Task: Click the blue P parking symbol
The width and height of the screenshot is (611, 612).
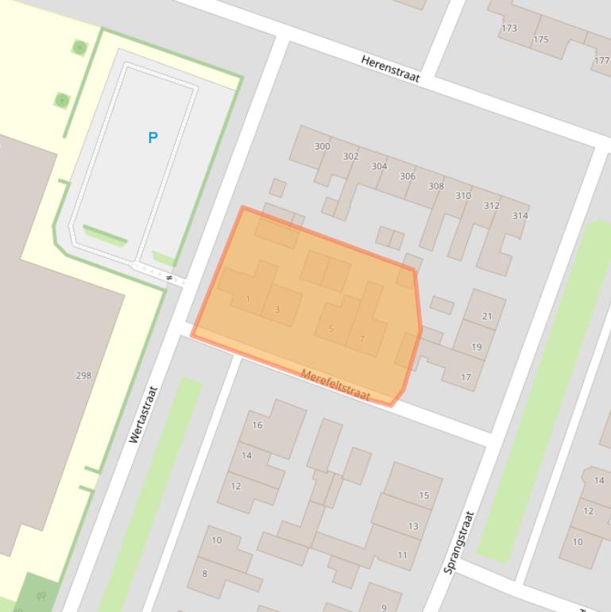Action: [153, 138]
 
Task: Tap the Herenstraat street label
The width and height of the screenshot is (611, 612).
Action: [389, 69]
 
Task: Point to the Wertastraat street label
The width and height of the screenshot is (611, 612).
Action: [143, 414]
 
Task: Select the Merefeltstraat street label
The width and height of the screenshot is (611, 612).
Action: [335, 385]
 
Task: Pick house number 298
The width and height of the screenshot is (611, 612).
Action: [83, 375]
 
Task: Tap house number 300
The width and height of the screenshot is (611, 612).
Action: [322, 146]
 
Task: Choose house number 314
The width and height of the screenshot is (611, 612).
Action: [520, 215]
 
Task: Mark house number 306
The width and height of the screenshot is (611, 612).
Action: [407, 176]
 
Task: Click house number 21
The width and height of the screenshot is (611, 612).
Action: [487, 316]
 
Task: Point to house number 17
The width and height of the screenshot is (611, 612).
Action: [466, 377]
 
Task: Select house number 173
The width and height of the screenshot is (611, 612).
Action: [509, 28]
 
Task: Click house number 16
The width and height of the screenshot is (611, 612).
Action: [257, 425]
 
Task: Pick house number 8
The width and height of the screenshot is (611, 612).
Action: [204, 573]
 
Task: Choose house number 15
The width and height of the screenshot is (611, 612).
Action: [424, 495]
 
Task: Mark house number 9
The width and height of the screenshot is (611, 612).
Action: [384, 607]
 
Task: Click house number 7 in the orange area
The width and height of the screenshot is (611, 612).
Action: [362, 339]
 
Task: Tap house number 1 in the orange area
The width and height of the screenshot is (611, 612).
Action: [248, 299]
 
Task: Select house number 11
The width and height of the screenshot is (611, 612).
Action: [402, 555]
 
